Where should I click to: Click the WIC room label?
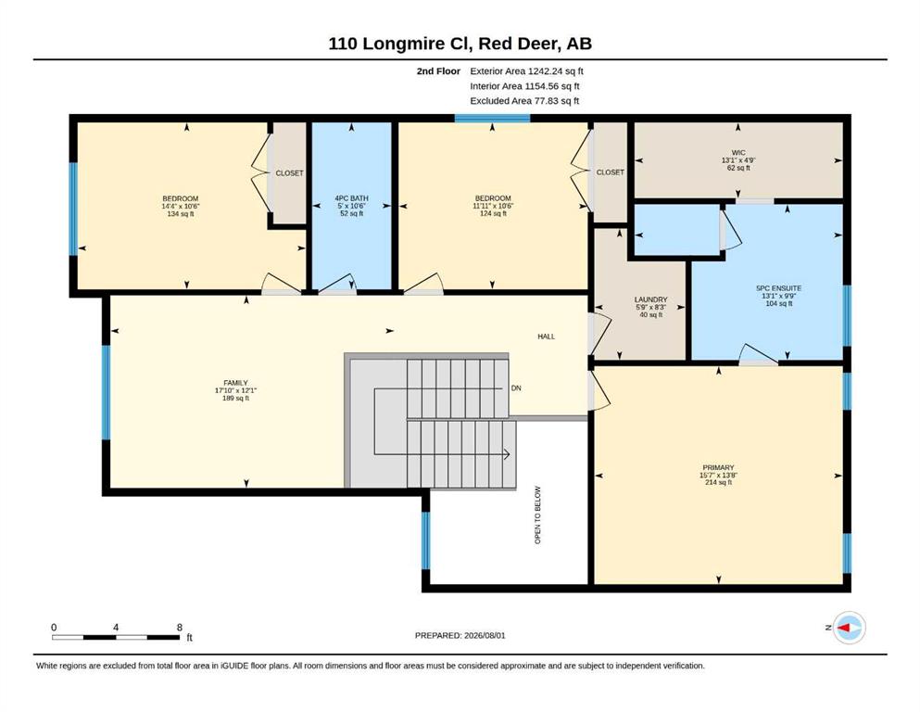pos(738,153)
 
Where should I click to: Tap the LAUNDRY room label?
pos(650,299)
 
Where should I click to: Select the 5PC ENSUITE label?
pos(778,288)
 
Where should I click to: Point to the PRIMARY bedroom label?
pos(718,468)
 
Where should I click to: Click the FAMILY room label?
pos(235,383)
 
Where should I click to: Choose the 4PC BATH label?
pos(351,198)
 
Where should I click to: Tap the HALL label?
pos(547,337)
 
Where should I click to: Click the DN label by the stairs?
pos(516,388)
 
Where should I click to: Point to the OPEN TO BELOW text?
pos(537,515)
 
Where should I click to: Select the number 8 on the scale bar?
pos(180,627)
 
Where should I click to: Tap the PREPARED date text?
pos(460,635)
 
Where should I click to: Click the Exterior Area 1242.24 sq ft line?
pos(526,71)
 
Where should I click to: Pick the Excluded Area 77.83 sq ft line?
pos(524,100)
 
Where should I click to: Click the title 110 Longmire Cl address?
pos(460,44)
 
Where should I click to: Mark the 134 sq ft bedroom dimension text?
pos(181,213)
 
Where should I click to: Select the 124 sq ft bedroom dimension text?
pos(493,213)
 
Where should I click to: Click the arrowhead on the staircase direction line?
pos(507,454)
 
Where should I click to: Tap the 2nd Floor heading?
pos(438,71)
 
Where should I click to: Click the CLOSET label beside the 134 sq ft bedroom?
pos(290,173)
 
